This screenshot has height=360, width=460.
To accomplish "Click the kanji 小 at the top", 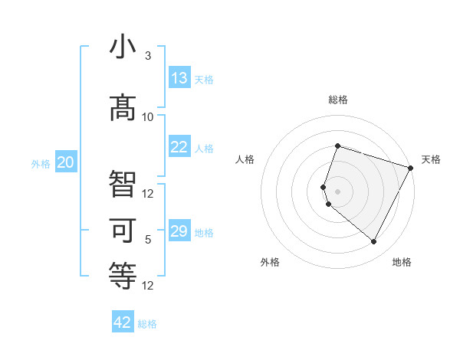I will coord(123,47).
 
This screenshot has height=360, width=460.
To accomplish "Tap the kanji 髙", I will coord(123,106).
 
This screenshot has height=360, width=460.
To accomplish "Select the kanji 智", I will coord(123,184).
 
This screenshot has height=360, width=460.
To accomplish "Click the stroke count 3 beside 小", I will coord(148,56).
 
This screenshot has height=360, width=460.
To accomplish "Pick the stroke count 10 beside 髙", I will coord(148,116).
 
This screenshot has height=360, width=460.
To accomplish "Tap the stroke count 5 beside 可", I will coord(148,240).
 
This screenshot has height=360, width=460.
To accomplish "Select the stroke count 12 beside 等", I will coord(148,286).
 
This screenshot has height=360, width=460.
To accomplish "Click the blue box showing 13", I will coord(179,79).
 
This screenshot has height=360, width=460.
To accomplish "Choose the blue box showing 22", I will coord(179,148).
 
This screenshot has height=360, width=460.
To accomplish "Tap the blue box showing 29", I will coord(179,231).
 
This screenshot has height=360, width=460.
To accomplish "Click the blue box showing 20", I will coord(66,162).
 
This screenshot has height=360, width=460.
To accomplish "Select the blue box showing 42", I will coord(123,322).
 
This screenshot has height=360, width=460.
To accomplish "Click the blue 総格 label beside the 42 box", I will coord(147,324).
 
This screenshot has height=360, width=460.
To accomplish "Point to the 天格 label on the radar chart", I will coord(431,159).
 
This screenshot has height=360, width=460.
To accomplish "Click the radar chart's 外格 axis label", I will coord(270,262).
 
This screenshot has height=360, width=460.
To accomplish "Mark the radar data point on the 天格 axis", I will coord(411,168).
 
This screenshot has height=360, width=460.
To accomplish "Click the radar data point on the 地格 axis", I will coord(374,242).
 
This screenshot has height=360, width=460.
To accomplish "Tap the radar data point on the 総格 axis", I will coord(337,146).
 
